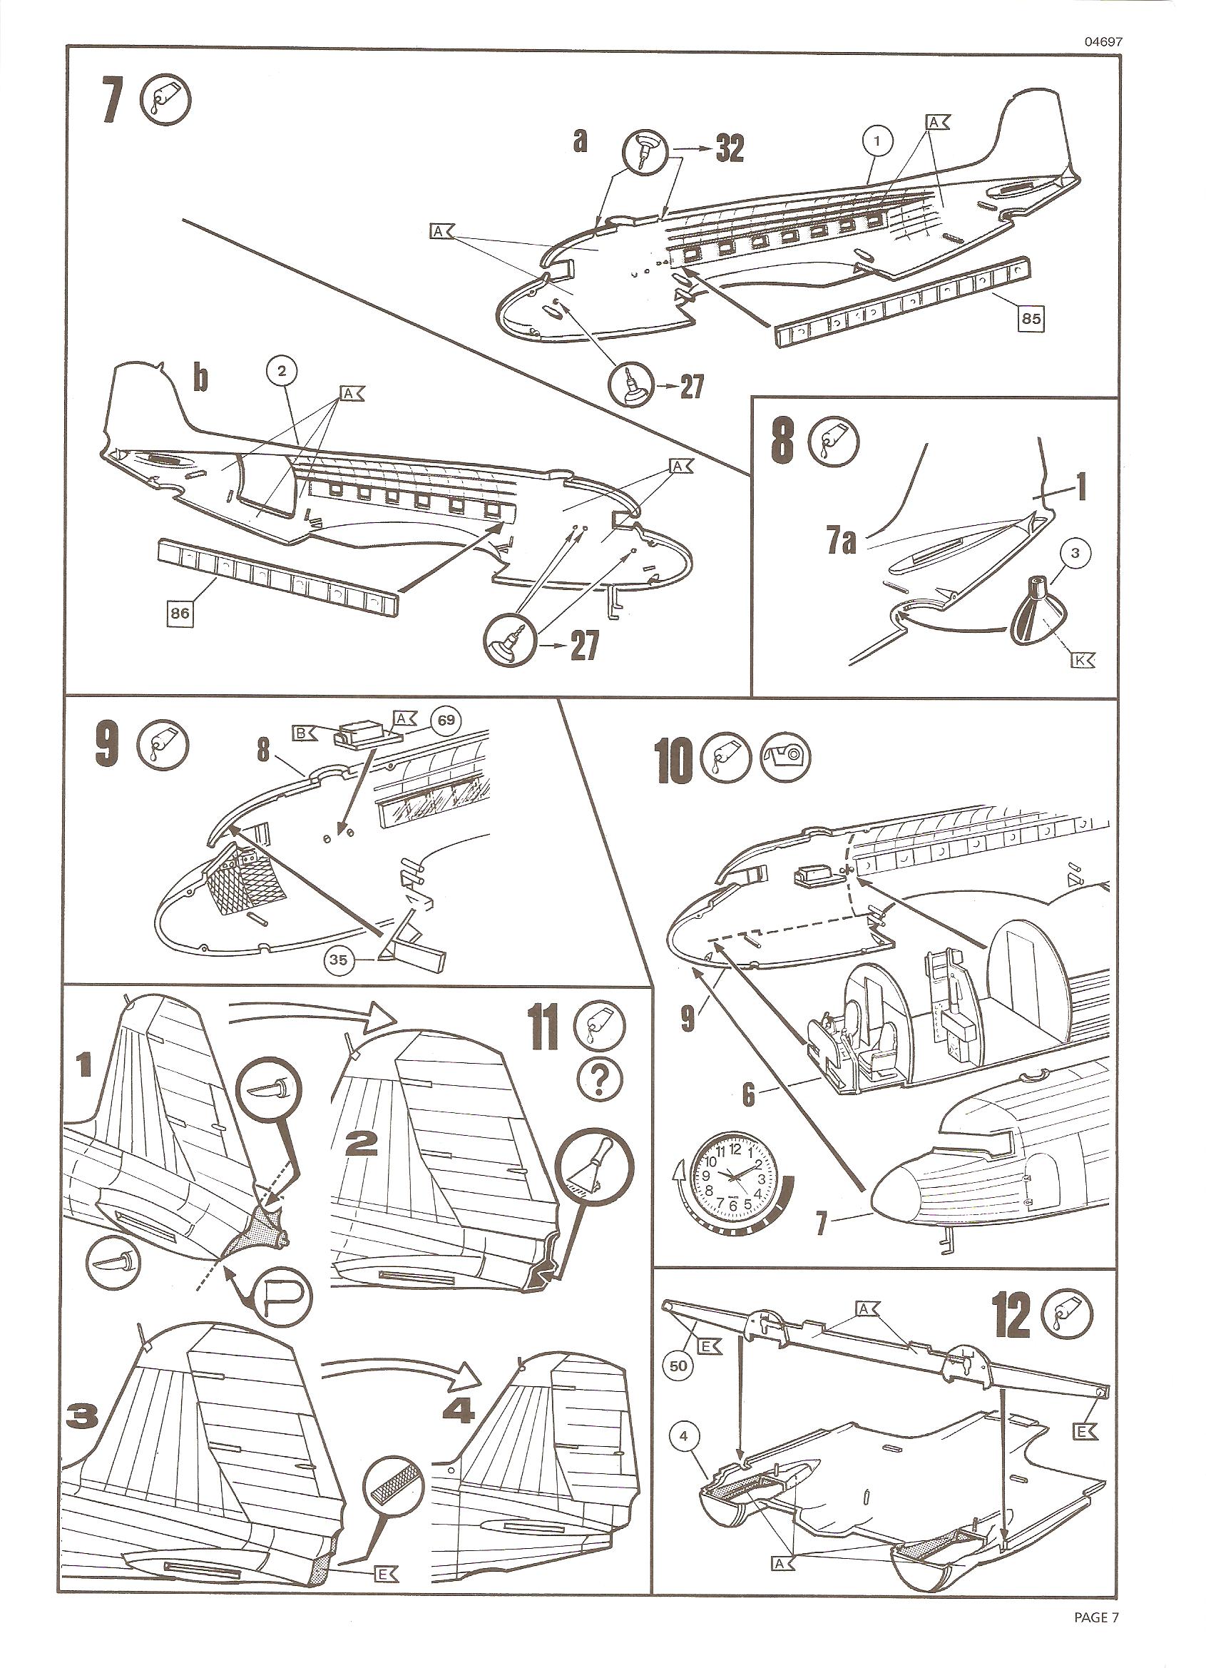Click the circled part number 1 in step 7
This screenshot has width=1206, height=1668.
coord(881,139)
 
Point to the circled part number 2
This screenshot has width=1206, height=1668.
coord(282,372)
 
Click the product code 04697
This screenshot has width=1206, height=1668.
coord(1103,42)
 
